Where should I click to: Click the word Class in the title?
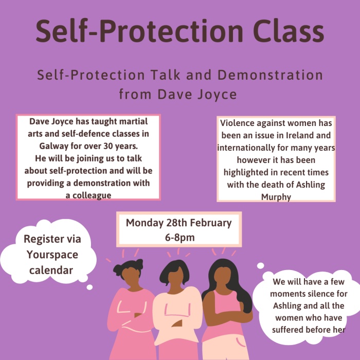tap(289, 31)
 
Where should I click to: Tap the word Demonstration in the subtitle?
tap(270, 75)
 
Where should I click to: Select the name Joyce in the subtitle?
tap(217, 95)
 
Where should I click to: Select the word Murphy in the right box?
tap(276, 197)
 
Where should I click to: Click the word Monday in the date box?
tap(145, 223)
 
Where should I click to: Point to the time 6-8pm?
tap(179, 238)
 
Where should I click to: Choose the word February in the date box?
tap(210, 223)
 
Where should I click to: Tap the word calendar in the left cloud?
tap(51, 270)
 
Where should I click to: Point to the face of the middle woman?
tap(176, 277)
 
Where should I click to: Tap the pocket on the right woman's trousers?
tap(241, 342)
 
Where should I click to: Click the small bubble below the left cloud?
tap(89, 287)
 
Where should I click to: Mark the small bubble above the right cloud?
tap(260, 266)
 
